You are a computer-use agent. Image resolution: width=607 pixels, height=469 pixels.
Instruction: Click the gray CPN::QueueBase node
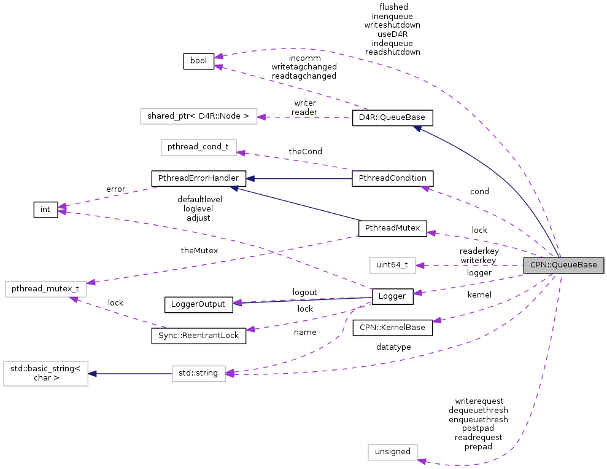[563, 265]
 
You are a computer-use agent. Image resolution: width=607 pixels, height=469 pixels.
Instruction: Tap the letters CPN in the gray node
[538, 265]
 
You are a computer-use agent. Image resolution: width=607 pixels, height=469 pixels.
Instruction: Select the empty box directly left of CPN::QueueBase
[392, 266]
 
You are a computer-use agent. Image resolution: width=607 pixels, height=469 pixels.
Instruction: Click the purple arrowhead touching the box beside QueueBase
[420, 266]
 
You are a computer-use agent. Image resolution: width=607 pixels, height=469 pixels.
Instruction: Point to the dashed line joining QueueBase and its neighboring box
[470, 266]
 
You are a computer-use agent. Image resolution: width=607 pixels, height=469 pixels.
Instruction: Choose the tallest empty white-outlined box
[45, 374]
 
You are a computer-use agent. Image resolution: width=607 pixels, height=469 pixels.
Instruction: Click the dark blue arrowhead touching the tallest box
[92, 374]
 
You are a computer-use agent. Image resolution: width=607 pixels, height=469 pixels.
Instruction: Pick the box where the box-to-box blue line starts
[198, 374]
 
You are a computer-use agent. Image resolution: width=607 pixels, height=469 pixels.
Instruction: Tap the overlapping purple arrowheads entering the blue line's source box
[230, 373]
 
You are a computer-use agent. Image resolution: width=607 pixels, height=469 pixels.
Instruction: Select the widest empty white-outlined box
[198, 117]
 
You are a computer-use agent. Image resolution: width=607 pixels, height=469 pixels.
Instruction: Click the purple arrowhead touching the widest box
[261, 117]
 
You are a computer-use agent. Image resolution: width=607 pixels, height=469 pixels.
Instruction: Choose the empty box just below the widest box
[198, 148]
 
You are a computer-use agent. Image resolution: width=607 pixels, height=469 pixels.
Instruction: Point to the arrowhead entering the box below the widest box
[241, 152]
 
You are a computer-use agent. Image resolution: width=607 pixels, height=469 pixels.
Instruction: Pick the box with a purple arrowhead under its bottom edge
[46, 289]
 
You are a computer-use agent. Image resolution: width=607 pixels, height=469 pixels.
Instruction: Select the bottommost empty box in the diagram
[392, 452]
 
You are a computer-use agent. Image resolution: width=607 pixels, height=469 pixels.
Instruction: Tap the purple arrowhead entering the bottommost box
[422, 461]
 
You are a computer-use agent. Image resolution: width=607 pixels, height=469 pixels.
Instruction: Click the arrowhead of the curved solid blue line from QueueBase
[417, 128]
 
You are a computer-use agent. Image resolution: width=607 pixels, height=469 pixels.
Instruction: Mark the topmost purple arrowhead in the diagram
[218, 57]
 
